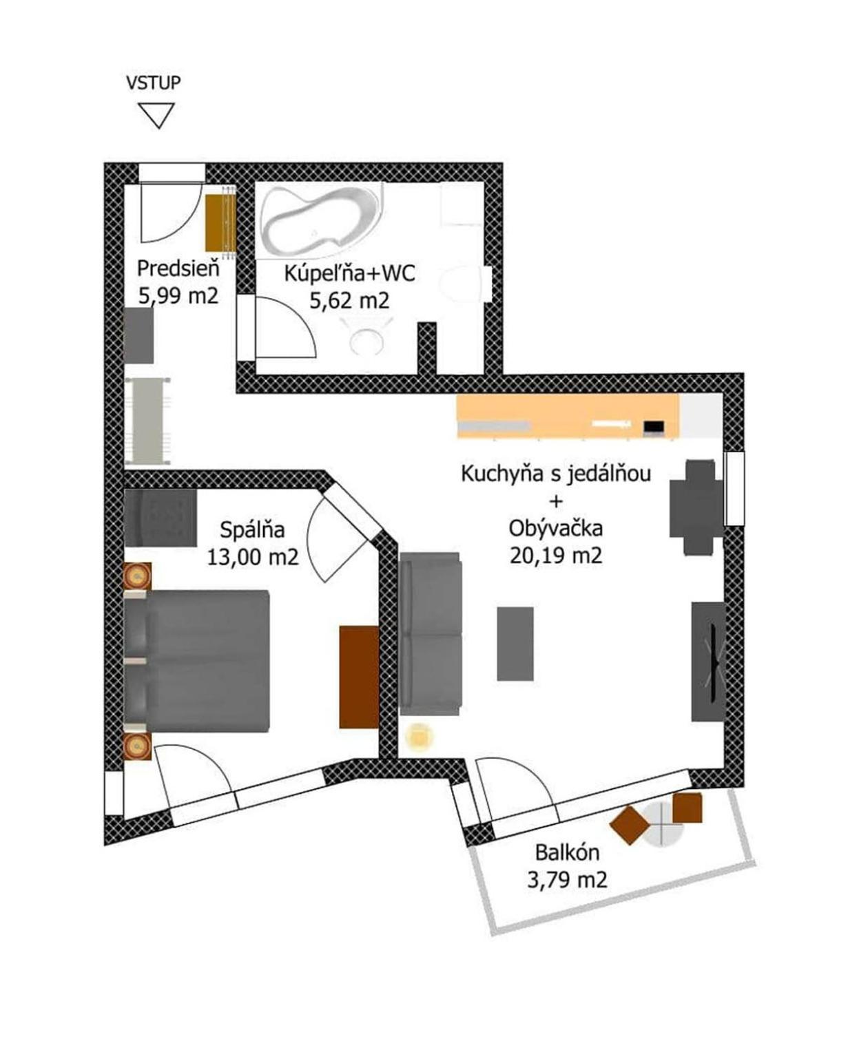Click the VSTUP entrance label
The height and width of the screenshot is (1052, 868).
tap(153, 82)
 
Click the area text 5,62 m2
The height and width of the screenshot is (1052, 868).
tap(350, 301)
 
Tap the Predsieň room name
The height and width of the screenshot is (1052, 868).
tap(178, 269)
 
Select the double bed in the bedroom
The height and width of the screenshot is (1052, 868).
tap(196, 660)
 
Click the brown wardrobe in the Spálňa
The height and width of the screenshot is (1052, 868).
tap(358, 677)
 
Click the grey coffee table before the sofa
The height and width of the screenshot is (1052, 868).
tap(515, 644)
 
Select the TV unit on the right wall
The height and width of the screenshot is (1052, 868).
tap(708, 661)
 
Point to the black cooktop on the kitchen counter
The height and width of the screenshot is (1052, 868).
tap(654, 427)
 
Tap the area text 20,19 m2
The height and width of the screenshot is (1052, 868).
tap(555, 556)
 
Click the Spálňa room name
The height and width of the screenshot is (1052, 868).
tap(253, 530)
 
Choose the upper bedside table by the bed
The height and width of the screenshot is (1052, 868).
tap(138, 576)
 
